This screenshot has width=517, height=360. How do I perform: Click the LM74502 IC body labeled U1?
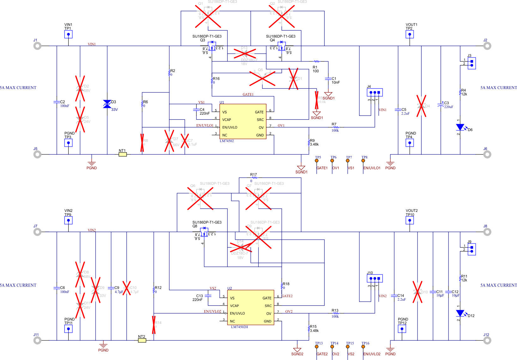[243, 122]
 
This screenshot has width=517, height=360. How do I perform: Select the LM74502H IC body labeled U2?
[250, 307]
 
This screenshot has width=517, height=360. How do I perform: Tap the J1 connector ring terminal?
[37, 46]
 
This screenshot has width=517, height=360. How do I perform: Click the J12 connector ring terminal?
[487, 340]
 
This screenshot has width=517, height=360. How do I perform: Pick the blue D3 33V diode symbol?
[107, 104]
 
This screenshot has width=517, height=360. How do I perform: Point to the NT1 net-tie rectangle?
[123, 154]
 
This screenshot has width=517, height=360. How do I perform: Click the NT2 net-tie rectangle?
[142, 340]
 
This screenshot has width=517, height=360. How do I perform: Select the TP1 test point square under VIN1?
[68, 34]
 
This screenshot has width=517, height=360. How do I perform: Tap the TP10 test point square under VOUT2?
[410, 220]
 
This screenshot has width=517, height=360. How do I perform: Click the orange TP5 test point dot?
[317, 161]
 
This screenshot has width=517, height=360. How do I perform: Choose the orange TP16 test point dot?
[363, 347]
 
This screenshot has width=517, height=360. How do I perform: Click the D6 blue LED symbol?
[460, 127]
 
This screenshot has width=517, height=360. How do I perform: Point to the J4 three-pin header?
[375, 92]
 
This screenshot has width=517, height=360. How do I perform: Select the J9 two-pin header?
[472, 249]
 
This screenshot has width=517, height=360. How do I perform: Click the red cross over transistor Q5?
[262, 78]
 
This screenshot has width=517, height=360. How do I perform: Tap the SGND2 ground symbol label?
[297, 354]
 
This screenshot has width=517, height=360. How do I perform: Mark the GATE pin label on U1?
[259, 112]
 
